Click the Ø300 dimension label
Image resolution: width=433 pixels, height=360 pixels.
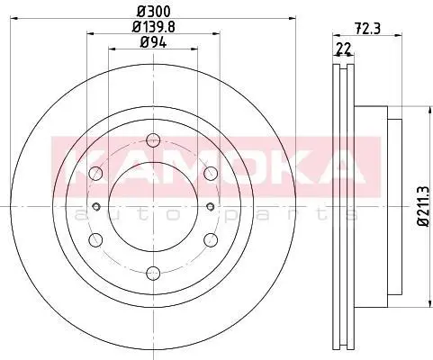153,12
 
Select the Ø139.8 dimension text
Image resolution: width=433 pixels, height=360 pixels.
153,27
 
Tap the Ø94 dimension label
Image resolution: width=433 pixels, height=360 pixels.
153,43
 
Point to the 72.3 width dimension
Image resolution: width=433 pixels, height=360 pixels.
367,29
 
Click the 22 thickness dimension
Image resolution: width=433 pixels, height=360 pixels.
344,49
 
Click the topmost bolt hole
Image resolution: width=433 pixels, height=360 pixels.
153,140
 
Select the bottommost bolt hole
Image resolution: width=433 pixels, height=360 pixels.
153,273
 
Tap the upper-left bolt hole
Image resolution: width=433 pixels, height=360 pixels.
96,173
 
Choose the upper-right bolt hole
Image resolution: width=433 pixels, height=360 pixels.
211,173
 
